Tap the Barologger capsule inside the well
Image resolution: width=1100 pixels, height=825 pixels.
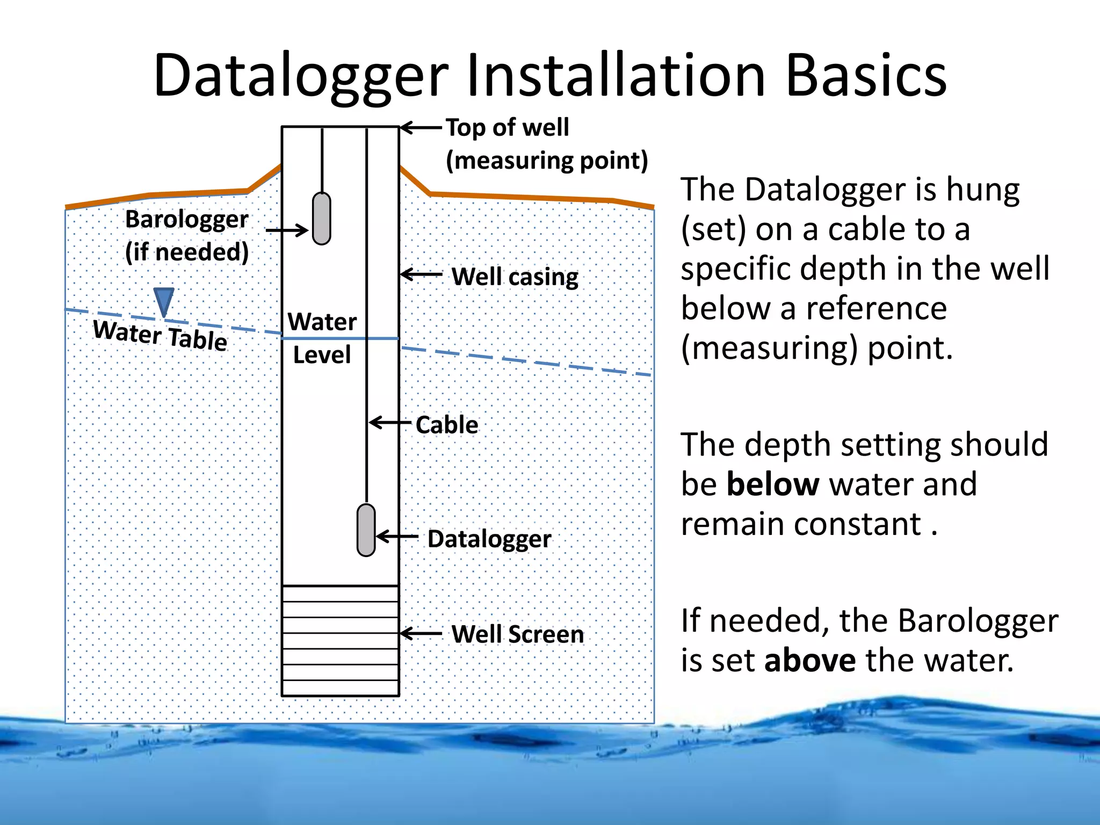(321, 219)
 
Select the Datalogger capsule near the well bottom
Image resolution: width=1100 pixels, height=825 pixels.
(366, 530)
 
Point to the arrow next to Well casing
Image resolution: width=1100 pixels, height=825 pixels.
(422, 274)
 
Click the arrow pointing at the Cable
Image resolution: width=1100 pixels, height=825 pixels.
(390, 423)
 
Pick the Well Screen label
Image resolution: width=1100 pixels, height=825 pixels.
(517, 634)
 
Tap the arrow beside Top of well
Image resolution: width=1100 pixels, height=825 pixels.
(422, 127)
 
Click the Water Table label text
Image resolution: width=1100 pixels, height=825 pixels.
(160, 335)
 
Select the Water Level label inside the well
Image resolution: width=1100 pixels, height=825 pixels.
(322, 338)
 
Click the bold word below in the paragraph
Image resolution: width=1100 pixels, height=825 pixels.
(772, 484)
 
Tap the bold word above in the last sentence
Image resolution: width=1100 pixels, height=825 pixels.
(810, 660)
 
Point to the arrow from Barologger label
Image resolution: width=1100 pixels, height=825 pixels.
(287, 231)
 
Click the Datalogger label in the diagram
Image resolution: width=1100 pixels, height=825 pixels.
(489, 539)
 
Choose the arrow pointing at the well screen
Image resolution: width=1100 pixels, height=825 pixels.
(422, 634)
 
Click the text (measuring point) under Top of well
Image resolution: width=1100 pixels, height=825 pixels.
(547, 161)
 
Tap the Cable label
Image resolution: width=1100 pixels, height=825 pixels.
(447, 425)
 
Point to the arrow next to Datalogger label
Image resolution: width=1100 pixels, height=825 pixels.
(397, 537)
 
